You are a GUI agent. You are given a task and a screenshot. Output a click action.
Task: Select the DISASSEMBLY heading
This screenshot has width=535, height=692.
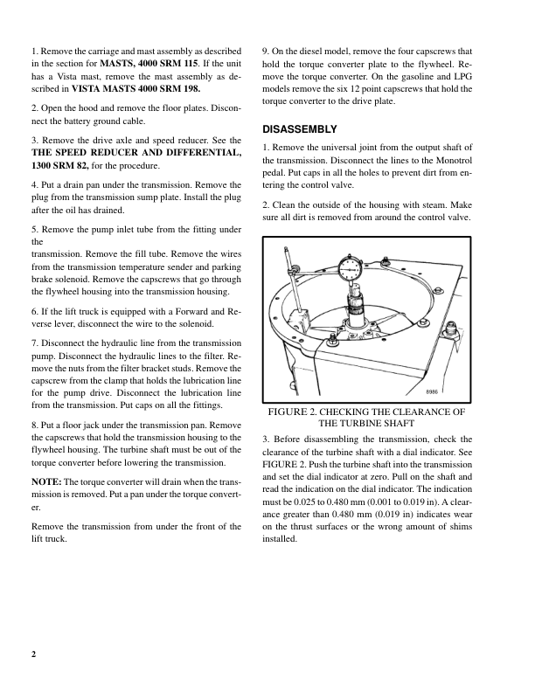(x=299, y=129)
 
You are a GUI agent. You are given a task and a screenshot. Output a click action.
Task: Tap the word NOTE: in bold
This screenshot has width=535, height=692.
(x=46, y=482)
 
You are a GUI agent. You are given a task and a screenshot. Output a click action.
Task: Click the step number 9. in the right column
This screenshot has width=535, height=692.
(x=267, y=52)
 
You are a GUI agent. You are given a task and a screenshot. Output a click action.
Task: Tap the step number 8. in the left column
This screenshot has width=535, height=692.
(x=34, y=425)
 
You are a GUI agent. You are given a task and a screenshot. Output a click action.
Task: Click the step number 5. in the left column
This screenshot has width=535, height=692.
(x=34, y=229)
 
